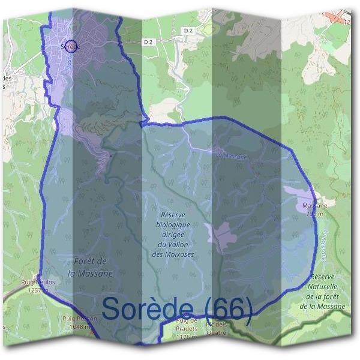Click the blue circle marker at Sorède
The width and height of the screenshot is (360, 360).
click(70, 46)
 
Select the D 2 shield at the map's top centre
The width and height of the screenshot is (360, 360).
click(189, 30)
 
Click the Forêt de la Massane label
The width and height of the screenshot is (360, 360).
click(91, 268)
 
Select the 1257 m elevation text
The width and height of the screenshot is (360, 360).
click(38, 289)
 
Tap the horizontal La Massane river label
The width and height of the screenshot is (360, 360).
click(231, 155)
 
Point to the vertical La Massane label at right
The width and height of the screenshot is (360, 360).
click(325, 243)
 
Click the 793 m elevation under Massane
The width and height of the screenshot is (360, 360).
click(314, 213)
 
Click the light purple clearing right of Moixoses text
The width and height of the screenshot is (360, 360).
click(221, 233)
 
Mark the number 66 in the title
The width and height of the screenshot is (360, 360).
click(229, 310)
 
